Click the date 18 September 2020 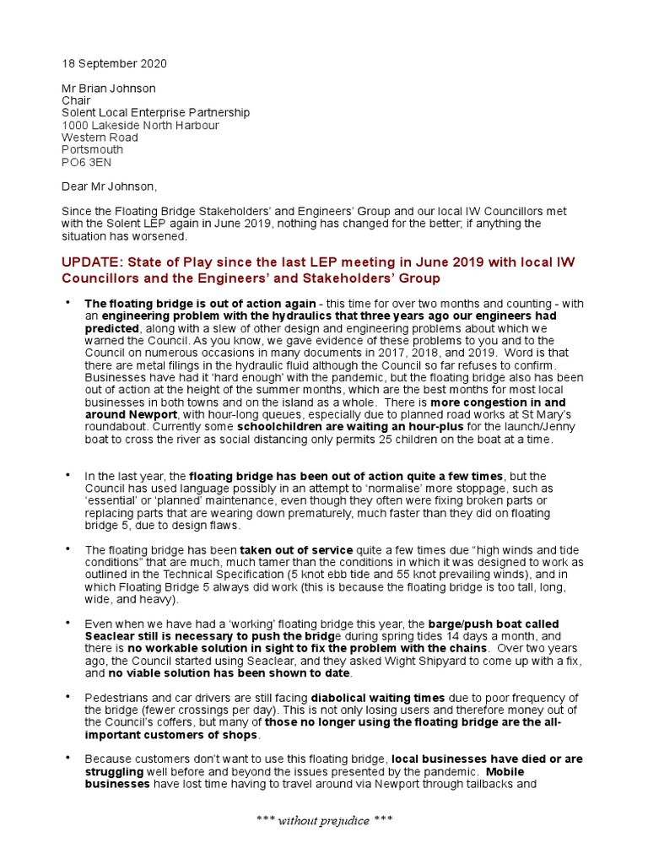click(x=115, y=64)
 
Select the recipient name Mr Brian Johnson click(x=109, y=89)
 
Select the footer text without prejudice click(x=325, y=821)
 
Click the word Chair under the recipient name click(x=76, y=101)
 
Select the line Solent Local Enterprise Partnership click(x=155, y=113)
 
